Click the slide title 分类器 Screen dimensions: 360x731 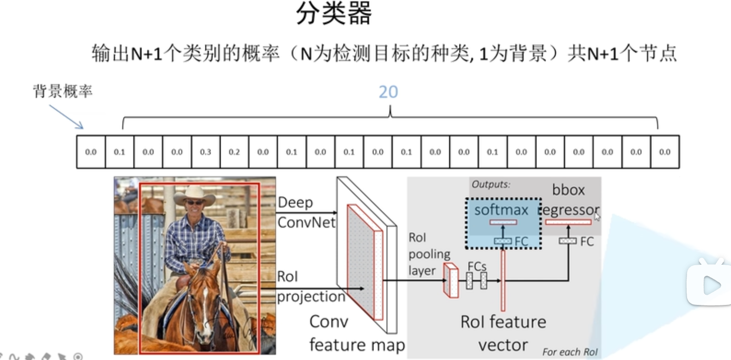pos(334,13)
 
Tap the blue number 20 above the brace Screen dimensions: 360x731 pos(388,92)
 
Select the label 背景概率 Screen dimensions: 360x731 pos(62,91)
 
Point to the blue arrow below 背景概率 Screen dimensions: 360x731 pos(66,117)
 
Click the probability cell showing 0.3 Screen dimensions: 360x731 pos(205,152)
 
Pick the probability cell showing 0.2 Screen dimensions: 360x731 pos(234,152)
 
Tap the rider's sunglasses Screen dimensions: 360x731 pos(194,202)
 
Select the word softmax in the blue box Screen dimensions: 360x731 pos(501,210)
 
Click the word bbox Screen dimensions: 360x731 pos(568,190)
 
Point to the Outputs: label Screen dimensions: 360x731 pos(490,184)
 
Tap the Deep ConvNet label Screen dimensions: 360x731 pos(305,212)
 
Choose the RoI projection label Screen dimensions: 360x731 pos(310,286)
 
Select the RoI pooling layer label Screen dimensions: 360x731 pos(429,254)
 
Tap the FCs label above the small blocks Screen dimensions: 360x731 pos(477,266)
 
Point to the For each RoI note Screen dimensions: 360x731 pos(570,352)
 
